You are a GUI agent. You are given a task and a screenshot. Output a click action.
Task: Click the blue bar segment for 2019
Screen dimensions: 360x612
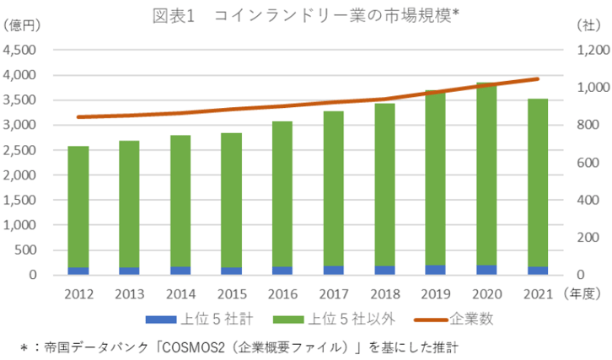point(436,270)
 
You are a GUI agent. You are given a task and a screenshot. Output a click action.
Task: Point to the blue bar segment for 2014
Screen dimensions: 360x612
point(180,271)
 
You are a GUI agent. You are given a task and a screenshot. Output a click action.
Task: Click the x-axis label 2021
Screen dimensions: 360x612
point(538,294)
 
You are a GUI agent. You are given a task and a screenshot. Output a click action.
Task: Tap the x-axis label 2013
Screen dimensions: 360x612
point(129,294)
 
